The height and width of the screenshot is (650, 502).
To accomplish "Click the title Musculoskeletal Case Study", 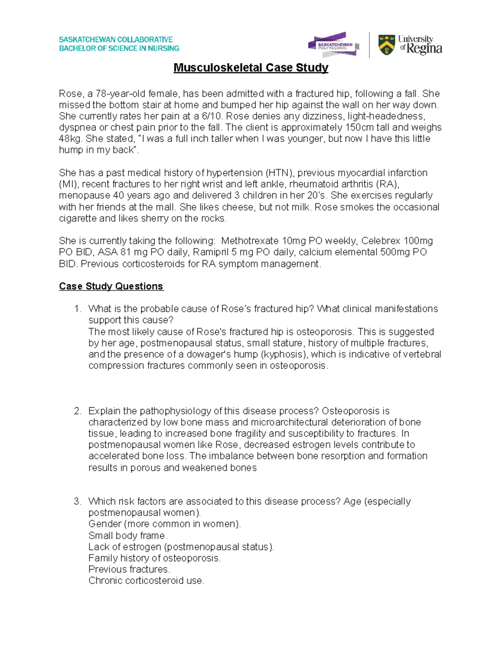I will (x=251, y=67).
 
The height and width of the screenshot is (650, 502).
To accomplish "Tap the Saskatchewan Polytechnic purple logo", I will (x=333, y=44).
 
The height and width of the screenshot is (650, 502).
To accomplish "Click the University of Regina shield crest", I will (x=387, y=45).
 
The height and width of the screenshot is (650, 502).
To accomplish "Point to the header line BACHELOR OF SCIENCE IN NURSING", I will (x=119, y=49).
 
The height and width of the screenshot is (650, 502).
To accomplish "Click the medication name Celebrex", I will (x=380, y=241).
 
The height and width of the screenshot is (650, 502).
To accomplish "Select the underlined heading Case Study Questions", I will (x=111, y=286).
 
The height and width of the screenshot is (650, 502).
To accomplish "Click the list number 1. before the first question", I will (x=77, y=309).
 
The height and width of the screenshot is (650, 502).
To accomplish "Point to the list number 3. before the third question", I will (x=77, y=501).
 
